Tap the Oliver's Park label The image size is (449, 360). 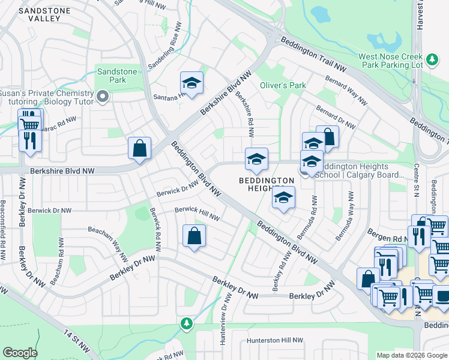tap(283, 85)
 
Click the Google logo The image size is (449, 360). tap(20, 353)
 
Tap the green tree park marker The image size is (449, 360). tap(187, 324)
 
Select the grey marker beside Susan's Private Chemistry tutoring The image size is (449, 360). tap(103, 95)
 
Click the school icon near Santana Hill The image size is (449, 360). tap(192, 83)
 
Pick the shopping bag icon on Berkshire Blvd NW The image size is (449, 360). tap(139, 149)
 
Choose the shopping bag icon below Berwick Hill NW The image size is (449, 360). tap(194, 236)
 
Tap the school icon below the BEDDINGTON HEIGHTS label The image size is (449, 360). tap(284, 199)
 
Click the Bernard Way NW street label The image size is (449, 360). tap(346, 92)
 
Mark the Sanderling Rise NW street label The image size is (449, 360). tap(164, 46)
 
